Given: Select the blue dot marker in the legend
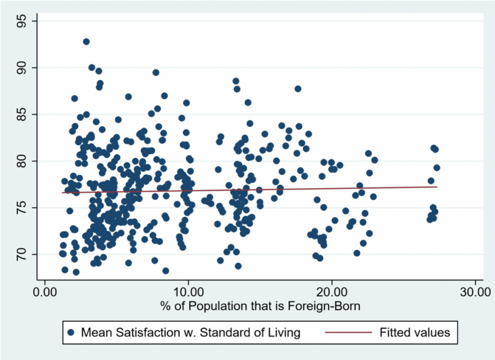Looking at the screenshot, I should pyautogui.click(x=71, y=332).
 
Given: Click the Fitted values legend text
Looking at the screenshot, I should pyautogui.click(x=415, y=332).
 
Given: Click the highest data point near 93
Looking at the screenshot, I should pyautogui.click(x=86, y=42).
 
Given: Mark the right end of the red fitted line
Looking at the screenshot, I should pyautogui.click(x=437, y=187).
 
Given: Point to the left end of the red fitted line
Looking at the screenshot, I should pyautogui.click(x=62, y=193).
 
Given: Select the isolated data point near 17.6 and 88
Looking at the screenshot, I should pyautogui.click(x=298, y=89).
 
